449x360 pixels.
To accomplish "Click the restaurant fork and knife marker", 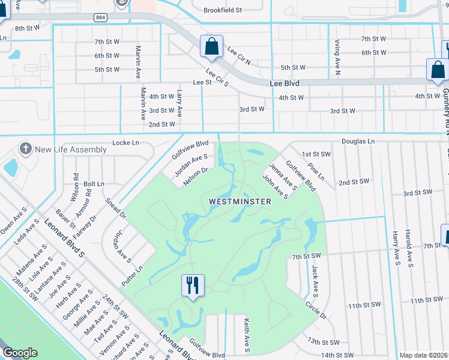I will pos(193,285).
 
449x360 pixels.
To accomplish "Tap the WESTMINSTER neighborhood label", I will pos(240,202).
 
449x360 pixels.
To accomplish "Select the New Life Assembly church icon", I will pos(25,149).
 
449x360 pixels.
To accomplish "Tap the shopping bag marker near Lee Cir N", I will pos(212,47).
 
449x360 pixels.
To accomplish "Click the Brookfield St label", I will pos(223,10).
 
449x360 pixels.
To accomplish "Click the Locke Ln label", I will pos(125,143).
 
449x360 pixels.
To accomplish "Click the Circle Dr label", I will pos(315,310).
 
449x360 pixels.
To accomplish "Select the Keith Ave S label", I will pos(246,335).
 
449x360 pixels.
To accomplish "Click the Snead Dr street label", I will pos(116,208).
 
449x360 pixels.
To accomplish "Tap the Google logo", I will pos(20,353).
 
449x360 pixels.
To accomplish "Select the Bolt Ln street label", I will pos(94,184).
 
